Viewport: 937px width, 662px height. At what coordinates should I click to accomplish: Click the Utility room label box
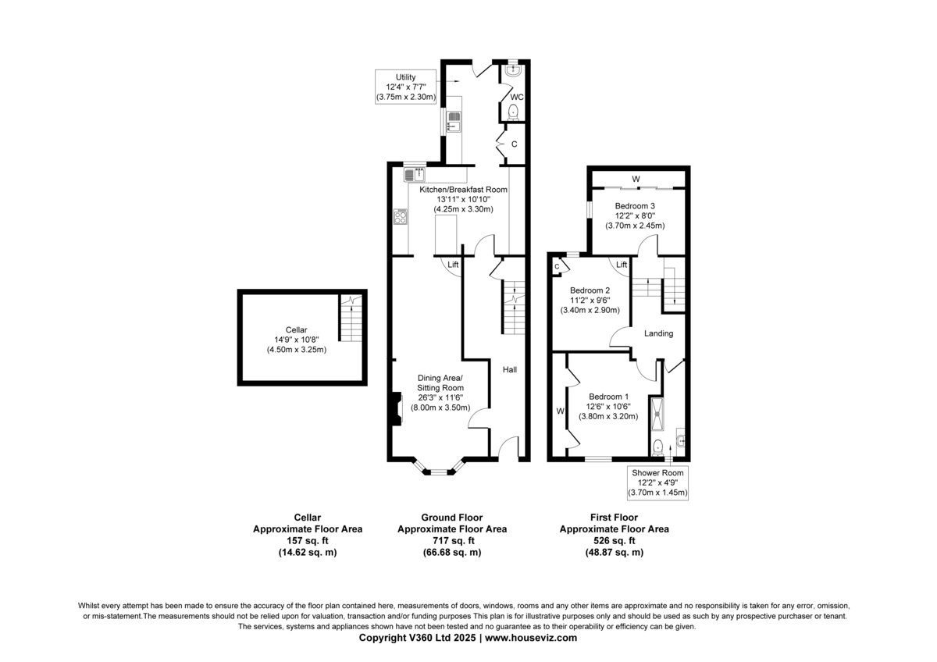click(x=405, y=87)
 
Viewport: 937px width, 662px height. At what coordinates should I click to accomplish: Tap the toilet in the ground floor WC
click(x=513, y=112)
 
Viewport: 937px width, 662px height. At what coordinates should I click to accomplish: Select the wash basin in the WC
click(x=513, y=69)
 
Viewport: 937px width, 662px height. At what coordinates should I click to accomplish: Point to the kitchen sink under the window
click(x=415, y=174)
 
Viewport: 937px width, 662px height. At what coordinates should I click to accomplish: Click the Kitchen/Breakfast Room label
click(x=464, y=199)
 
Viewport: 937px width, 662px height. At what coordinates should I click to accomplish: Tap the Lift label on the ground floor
click(x=453, y=265)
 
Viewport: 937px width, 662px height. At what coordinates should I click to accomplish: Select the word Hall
click(x=509, y=370)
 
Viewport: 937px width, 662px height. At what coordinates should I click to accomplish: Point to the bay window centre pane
click(x=438, y=472)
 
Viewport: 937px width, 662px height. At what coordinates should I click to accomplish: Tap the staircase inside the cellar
click(x=351, y=318)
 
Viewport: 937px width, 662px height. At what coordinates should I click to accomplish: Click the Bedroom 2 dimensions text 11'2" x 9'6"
click(x=590, y=301)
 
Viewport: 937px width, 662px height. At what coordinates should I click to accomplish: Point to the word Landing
click(x=658, y=333)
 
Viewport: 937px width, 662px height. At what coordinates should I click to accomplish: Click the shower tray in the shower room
click(x=657, y=414)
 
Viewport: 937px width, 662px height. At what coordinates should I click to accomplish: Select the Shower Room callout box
click(x=657, y=482)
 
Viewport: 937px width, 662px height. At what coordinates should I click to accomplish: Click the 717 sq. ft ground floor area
click(x=452, y=541)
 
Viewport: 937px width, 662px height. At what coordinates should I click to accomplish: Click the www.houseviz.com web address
click(x=531, y=638)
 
